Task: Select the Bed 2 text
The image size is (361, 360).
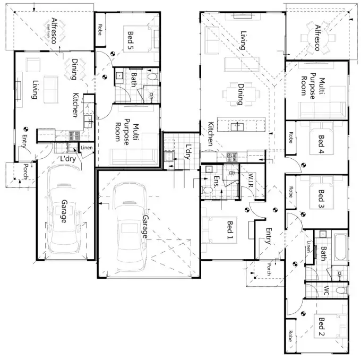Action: point(320,327)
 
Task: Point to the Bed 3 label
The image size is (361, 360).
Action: point(320,198)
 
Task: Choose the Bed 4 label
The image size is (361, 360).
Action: point(320,144)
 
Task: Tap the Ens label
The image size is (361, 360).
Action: point(216,182)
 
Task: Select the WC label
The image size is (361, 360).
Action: point(326,291)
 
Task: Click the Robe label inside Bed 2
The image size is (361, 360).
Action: point(290,336)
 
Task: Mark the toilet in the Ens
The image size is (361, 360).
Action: point(208,189)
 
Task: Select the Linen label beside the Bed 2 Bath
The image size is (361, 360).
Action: point(310,246)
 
